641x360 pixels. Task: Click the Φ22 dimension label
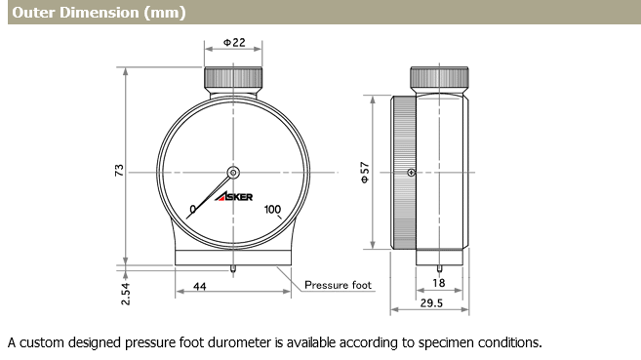point(234,43)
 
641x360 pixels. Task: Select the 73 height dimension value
point(119,170)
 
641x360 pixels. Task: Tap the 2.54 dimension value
point(126,294)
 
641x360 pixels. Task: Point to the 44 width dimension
point(199,287)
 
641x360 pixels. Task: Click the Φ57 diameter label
point(365,173)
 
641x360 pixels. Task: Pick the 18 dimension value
point(439,283)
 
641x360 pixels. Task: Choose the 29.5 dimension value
point(431,302)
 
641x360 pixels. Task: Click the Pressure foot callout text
point(339,285)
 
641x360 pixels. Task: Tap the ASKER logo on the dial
point(234,196)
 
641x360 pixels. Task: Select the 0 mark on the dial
point(193,209)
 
